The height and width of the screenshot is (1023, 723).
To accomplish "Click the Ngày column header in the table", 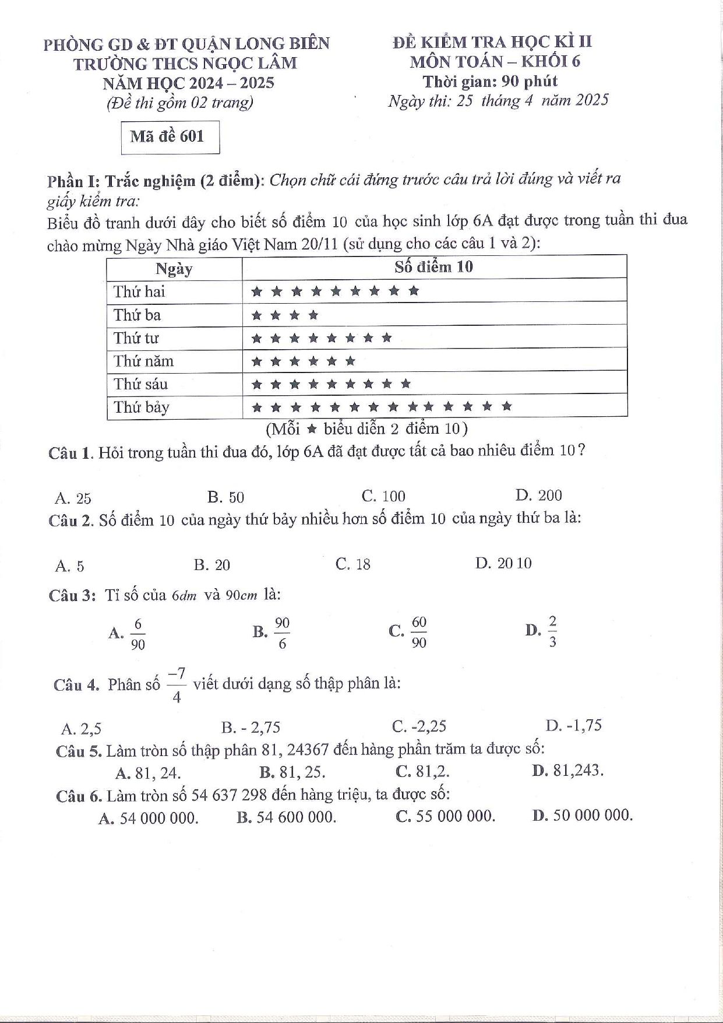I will pyautogui.click(x=174, y=269).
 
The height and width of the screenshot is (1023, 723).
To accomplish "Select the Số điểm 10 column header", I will pyautogui.click(x=433, y=267).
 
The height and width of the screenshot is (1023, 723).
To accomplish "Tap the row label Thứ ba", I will pyautogui.click(x=137, y=315).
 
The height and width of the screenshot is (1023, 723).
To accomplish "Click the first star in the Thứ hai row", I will pyautogui.click(x=256, y=291).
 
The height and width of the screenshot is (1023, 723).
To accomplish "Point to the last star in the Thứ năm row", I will pyautogui.click(x=350, y=361).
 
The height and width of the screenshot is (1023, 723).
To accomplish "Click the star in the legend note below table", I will pyautogui.click(x=311, y=430).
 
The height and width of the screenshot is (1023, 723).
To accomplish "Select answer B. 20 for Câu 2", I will pyautogui.click(x=212, y=565).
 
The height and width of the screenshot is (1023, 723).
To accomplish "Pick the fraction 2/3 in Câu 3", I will pyautogui.click(x=552, y=632).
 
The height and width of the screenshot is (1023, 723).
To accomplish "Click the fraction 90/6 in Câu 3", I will pyautogui.click(x=282, y=633).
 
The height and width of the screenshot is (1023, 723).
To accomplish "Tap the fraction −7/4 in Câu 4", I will pyautogui.click(x=177, y=685).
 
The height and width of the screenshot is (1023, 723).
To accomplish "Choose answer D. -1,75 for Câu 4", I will pyautogui.click(x=574, y=726).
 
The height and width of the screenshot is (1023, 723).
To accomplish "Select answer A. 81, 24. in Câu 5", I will pyautogui.click(x=148, y=773).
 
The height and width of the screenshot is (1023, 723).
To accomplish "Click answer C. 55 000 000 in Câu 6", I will pyautogui.click(x=446, y=817).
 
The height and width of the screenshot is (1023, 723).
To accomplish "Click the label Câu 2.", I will pyautogui.click(x=71, y=520).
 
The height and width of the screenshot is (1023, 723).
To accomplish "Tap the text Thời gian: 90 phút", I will pyautogui.click(x=491, y=81).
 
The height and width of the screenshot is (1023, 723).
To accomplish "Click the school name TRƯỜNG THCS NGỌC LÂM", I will pyautogui.click(x=185, y=63).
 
